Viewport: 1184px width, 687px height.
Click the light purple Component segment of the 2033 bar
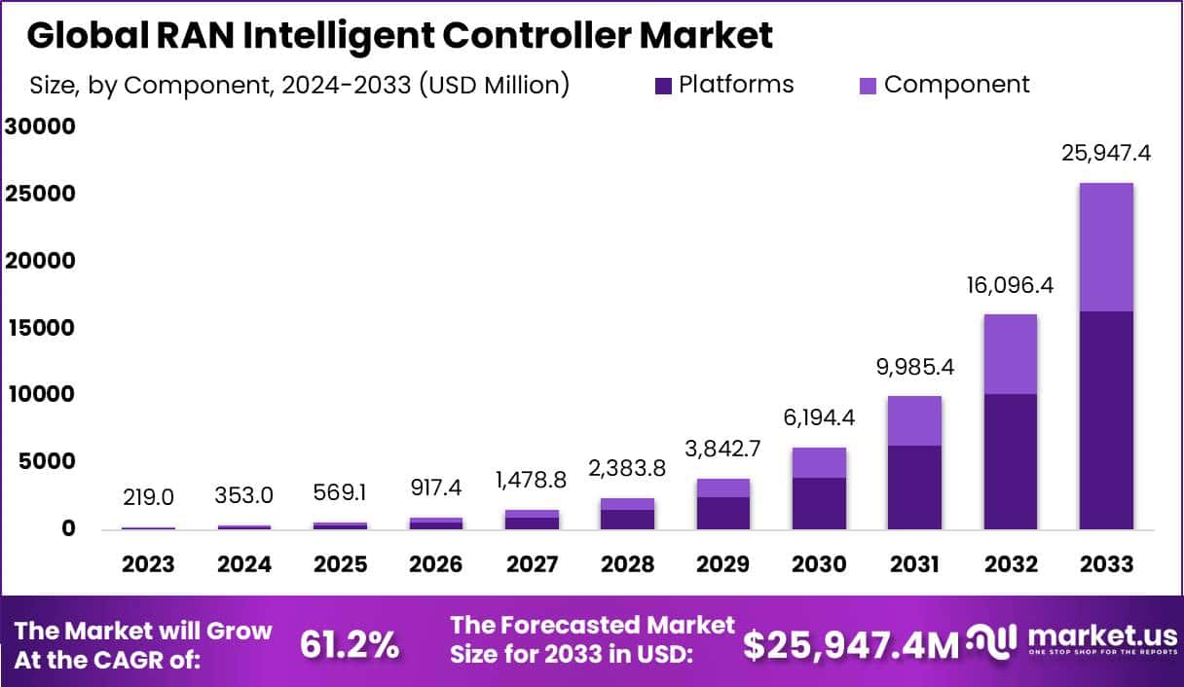pyautogui.click(x=1105, y=247)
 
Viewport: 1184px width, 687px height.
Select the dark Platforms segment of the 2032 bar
pyautogui.click(x=1010, y=461)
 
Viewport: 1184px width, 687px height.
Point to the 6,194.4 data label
pyautogui.click(x=818, y=421)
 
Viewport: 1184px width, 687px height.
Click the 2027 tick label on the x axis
pyautogui.click(x=532, y=564)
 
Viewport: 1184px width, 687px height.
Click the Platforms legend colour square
pyautogui.click(x=663, y=86)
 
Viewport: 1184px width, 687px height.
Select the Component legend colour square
pyautogui.click(x=869, y=86)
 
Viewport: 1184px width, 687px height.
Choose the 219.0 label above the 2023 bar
pyautogui.click(x=149, y=497)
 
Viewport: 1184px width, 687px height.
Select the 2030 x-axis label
pyautogui.click(x=818, y=564)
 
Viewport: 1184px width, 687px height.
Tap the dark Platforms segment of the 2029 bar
pyautogui.click(x=722, y=513)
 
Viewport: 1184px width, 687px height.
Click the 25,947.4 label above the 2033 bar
pyautogui.click(x=1105, y=153)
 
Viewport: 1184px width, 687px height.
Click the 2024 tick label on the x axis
pyautogui.click(x=244, y=564)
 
